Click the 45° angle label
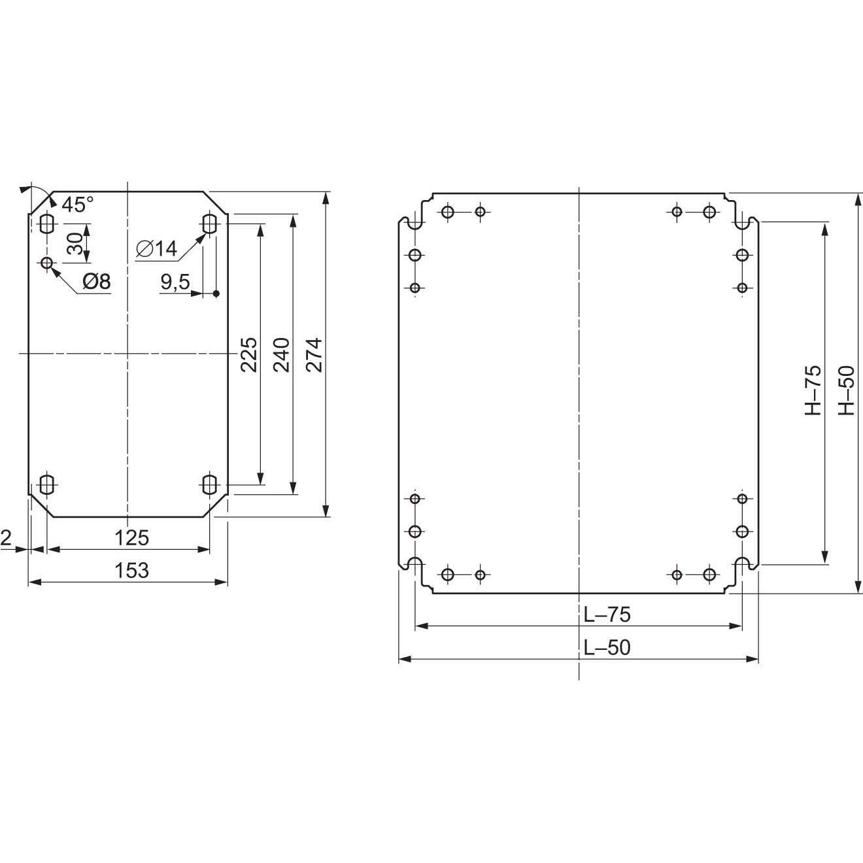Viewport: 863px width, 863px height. (77, 205)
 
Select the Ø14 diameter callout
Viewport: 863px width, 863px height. (157, 248)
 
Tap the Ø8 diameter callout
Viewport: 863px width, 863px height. (97, 282)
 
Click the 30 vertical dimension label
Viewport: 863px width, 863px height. (75, 243)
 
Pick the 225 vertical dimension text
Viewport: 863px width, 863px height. (248, 354)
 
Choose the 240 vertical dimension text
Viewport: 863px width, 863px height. (281, 354)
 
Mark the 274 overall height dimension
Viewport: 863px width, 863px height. (314, 354)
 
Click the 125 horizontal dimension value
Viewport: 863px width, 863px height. (131, 537)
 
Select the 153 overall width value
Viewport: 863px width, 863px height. (131, 570)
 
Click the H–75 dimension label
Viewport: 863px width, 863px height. (812, 390)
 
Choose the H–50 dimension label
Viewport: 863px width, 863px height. (846, 390)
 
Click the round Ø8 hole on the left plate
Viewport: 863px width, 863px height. (46, 263)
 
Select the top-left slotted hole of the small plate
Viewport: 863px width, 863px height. (46, 224)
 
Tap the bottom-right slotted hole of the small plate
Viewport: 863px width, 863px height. (210, 485)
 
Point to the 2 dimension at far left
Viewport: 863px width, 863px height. (6, 537)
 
